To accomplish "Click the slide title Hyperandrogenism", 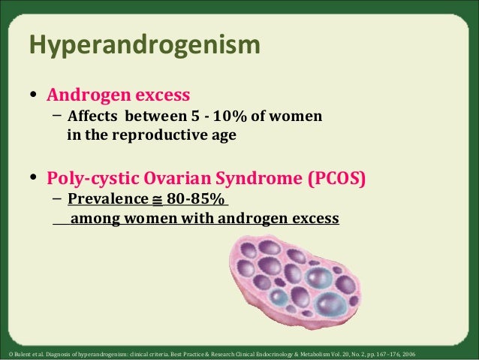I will coord(144,47).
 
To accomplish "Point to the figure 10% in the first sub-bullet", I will coord(220,117).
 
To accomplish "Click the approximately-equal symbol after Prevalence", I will coord(156,201).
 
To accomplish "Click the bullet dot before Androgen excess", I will coord(33,96).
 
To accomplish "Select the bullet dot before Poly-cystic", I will coord(33,180).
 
